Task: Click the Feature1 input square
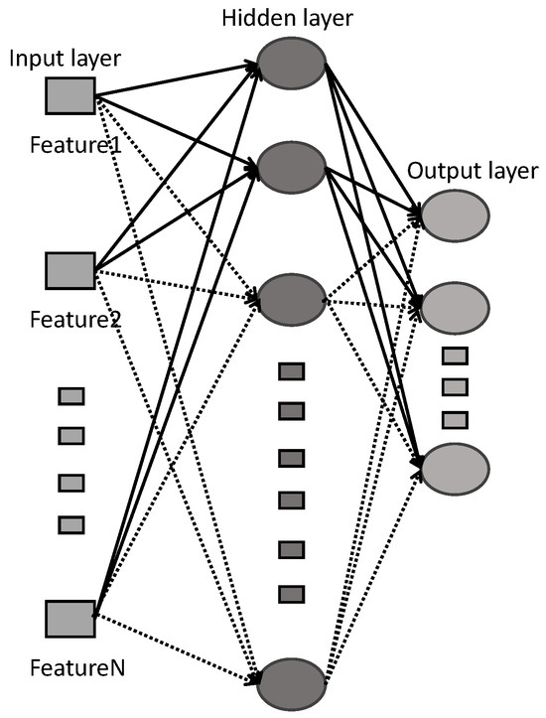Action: (70, 95)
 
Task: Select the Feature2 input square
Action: (70, 269)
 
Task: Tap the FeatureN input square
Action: (70, 618)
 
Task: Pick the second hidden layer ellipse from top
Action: (292, 168)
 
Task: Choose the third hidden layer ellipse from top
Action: (292, 295)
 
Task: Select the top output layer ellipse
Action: (456, 213)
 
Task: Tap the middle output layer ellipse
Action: (456, 309)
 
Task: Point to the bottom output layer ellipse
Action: (456, 466)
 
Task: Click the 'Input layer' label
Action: (66, 59)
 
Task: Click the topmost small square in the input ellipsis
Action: (70, 397)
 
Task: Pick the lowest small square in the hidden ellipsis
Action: (290, 594)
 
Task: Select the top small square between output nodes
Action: (454, 356)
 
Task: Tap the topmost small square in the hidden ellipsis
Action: (290, 371)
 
